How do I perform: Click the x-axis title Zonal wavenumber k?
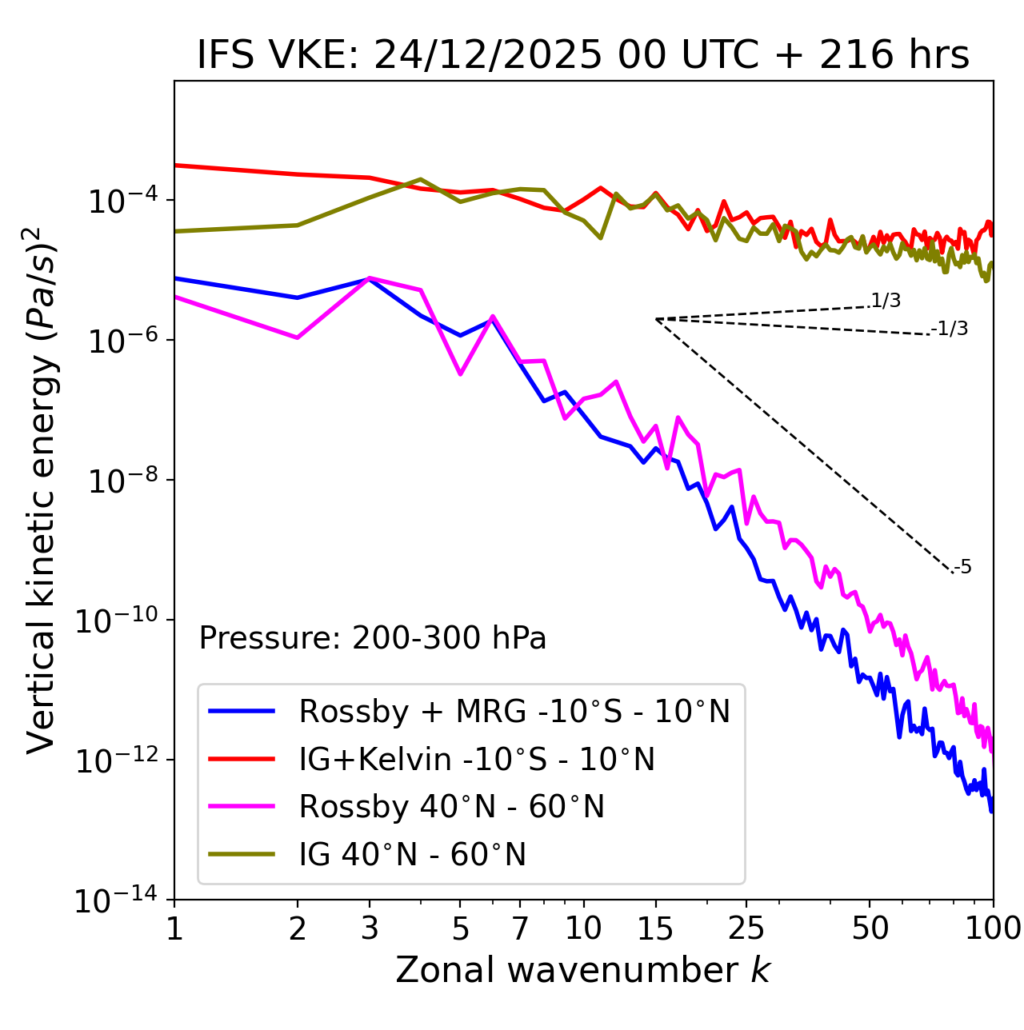pos(582,970)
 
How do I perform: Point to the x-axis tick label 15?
pos(655,928)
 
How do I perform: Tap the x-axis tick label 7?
pos(520,928)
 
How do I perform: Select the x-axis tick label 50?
pos(870,928)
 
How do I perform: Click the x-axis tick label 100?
pos(992,928)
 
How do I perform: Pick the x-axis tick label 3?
pos(369,928)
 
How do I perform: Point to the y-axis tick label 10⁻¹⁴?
pos(115,901)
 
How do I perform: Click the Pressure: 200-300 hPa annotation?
pos(373,639)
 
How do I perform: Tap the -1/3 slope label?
pos(950,329)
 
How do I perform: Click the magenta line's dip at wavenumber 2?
pos(298,337)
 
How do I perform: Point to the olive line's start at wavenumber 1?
pos(175,231)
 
